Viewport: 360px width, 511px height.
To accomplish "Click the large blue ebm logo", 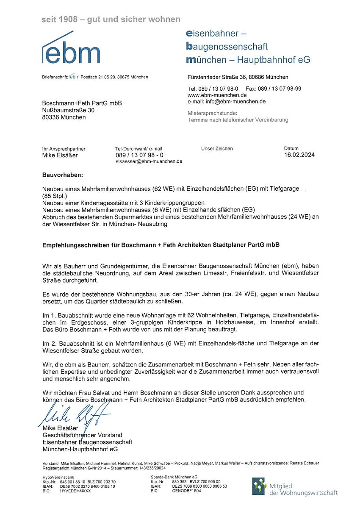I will [x=71, y=50].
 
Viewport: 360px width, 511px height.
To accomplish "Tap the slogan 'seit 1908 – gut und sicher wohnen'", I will [x=111, y=19].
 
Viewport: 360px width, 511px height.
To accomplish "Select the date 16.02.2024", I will [x=299, y=155].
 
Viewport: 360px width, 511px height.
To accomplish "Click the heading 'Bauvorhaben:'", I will [x=63, y=175].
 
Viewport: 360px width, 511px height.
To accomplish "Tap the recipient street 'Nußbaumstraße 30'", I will [x=68, y=110].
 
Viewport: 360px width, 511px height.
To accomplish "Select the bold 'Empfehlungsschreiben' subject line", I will [x=161, y=245].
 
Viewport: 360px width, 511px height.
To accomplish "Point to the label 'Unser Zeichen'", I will [x=217, y=149].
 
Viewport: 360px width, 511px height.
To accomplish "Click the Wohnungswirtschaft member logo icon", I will [x=259, y=486].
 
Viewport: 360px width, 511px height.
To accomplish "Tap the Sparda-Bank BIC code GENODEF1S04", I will [x=186, y=491].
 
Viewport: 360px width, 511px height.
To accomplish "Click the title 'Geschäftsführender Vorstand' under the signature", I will [x=82, y=435].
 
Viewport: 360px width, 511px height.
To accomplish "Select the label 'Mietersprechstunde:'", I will [x=213, y=113].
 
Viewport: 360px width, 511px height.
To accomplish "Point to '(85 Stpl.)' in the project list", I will [x=55, y=196].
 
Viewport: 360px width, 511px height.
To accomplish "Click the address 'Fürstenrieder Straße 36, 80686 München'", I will [x=238, y=77].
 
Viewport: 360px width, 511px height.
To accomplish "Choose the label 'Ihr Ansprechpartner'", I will [x=64, y=149].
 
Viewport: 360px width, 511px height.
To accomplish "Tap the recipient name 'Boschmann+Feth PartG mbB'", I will [x=82, y=103].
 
